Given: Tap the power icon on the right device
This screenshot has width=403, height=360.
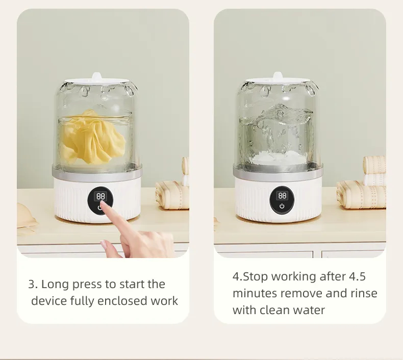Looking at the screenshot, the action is [x=282, y=206].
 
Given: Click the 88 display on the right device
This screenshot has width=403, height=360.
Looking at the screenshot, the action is [x=282, y=196].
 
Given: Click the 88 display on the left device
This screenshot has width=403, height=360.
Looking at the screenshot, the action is [x=101, y=197].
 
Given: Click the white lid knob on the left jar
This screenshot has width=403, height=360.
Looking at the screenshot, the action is [x=96, y=76].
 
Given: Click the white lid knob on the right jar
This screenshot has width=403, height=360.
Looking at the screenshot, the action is [x=278, y=76].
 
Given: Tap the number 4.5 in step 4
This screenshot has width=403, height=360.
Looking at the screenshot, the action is [x=357, y=276].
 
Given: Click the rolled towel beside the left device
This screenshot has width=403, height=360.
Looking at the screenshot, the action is [x=172, y=194].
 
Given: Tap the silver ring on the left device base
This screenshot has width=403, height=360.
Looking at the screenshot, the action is [x=97, y=171].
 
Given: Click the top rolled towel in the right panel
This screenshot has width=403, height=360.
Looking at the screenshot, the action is [x=374, y=165].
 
